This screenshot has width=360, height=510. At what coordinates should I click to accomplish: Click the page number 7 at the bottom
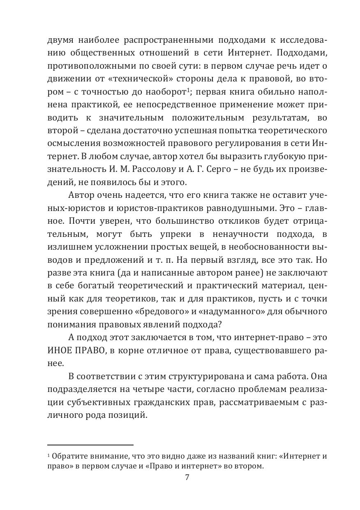(x=187, y=478)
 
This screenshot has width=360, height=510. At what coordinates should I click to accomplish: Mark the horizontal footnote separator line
(x=90, y=445)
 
